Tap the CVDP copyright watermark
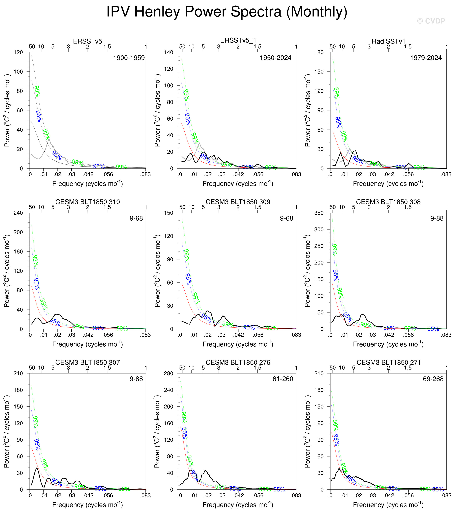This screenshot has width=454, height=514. (x=431, y=21)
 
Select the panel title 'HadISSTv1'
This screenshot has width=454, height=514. (x=388, y=41)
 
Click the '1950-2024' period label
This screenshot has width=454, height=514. (x=275, y=58)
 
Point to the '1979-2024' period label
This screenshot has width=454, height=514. (x=426, y=58)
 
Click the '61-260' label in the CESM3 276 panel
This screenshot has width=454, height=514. (x=283, y=379)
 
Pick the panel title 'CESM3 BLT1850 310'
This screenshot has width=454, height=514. (x=87, y=202)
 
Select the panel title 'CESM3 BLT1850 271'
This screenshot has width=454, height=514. (x=388, y=362)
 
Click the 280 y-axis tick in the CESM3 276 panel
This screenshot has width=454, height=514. (x=168, y=373)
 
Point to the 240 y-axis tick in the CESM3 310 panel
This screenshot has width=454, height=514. (x=18, y=213)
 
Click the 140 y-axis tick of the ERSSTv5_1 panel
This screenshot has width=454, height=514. (x=168, y=52)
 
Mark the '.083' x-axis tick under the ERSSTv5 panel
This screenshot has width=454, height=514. (x=145, y=174)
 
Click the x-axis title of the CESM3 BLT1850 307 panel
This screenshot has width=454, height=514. (x=87, y=505)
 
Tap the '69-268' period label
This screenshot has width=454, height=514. (x=433, y=379)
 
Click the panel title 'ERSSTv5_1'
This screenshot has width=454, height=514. (x=238, y=40)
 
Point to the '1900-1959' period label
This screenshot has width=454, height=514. (x=129, y=58)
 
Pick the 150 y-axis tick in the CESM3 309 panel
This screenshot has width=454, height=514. (x=168, y=213)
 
